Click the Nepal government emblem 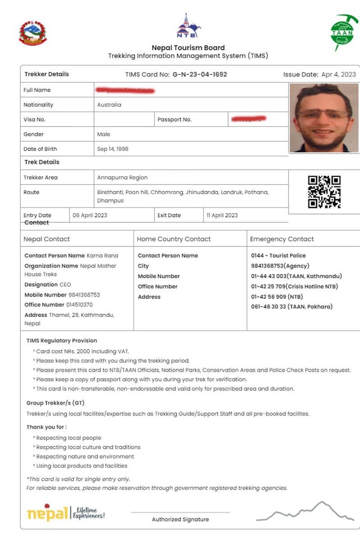click(32, 33)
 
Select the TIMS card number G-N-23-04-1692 click(200, 74)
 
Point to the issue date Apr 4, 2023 click(338, 74)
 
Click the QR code click(324, 192)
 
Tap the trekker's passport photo click(324, 118)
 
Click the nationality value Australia click(109, 105)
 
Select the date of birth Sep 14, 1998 click(112, 149)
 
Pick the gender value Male click(103, 134)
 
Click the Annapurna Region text click(122, 177)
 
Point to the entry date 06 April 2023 click(90, 215)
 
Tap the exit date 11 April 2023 click(222, 215)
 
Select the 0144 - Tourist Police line click(278, 256)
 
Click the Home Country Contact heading click(174, 239)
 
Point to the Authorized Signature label click(180, 519)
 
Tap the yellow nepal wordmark click(47, 513)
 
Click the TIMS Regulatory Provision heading click(62, 341)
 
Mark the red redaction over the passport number click(248, 119)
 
